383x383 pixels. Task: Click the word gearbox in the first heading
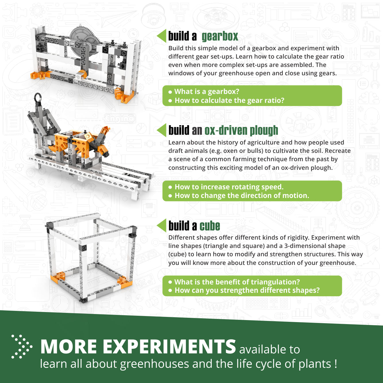[x=220, y=36]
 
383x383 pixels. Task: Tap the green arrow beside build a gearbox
[x=162, y=36]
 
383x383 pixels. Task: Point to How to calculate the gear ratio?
[x=229, y=101]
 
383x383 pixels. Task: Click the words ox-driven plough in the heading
[x=241, y=130]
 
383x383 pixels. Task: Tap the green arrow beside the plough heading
[x=162, y=130]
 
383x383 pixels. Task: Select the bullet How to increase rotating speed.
[x=229, y=187]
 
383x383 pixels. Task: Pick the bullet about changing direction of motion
[x=242, y=196]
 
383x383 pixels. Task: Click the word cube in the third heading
[x=210, y=226]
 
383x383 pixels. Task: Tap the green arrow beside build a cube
[x=162, y=225]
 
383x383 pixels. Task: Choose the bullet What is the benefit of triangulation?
[x=237, y=282]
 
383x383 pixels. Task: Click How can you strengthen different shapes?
[x=247, y=290]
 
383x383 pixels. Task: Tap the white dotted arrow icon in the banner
[x=21, y=347]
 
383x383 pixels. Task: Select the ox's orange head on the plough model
[x=105, y=130]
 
